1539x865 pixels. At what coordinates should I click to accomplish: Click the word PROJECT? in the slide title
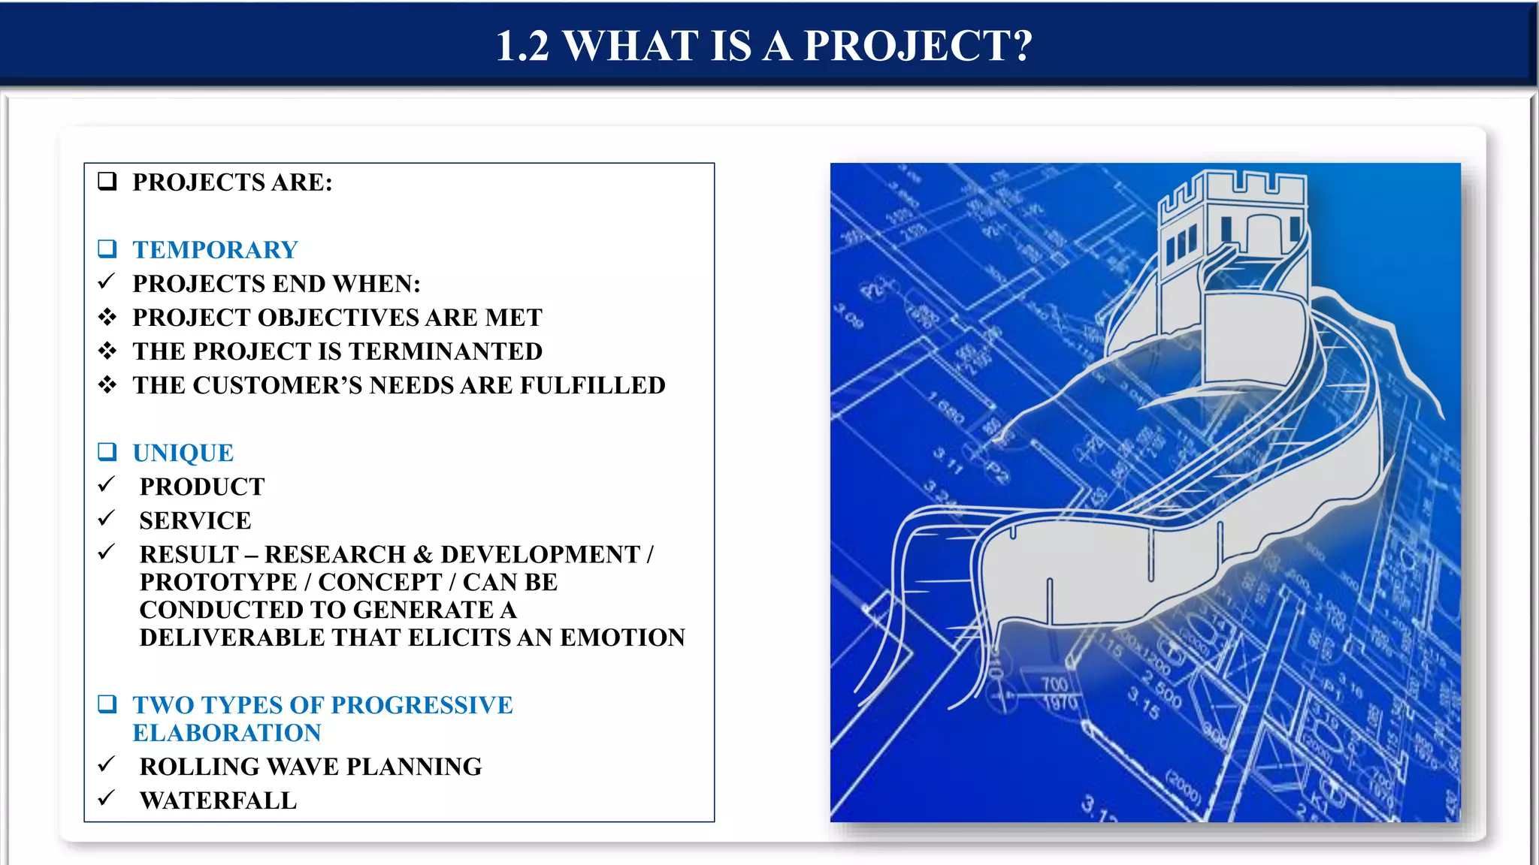point(918,47)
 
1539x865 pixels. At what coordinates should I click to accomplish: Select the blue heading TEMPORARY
point(215,250)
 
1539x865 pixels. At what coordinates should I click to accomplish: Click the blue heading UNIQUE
point(183,453)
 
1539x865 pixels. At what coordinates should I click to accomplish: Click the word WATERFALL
point(218,800)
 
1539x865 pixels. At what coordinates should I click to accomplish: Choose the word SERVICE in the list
point(195,520)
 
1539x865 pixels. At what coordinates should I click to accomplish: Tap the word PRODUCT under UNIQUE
point(202,487)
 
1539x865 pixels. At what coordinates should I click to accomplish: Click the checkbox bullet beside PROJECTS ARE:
point(107,182)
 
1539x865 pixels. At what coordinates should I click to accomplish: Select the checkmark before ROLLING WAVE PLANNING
point(106,765)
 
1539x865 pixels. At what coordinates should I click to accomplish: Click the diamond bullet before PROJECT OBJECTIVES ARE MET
point(107,317)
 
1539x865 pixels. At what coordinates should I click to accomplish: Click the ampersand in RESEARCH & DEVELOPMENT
point(423,554)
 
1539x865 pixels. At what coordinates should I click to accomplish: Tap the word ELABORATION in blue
point(227,733)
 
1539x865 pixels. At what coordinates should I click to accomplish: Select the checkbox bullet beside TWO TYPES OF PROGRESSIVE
point(107,704)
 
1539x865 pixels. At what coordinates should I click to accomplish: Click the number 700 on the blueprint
point(1054,684)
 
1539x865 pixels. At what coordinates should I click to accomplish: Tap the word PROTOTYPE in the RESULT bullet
point(218,582)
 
